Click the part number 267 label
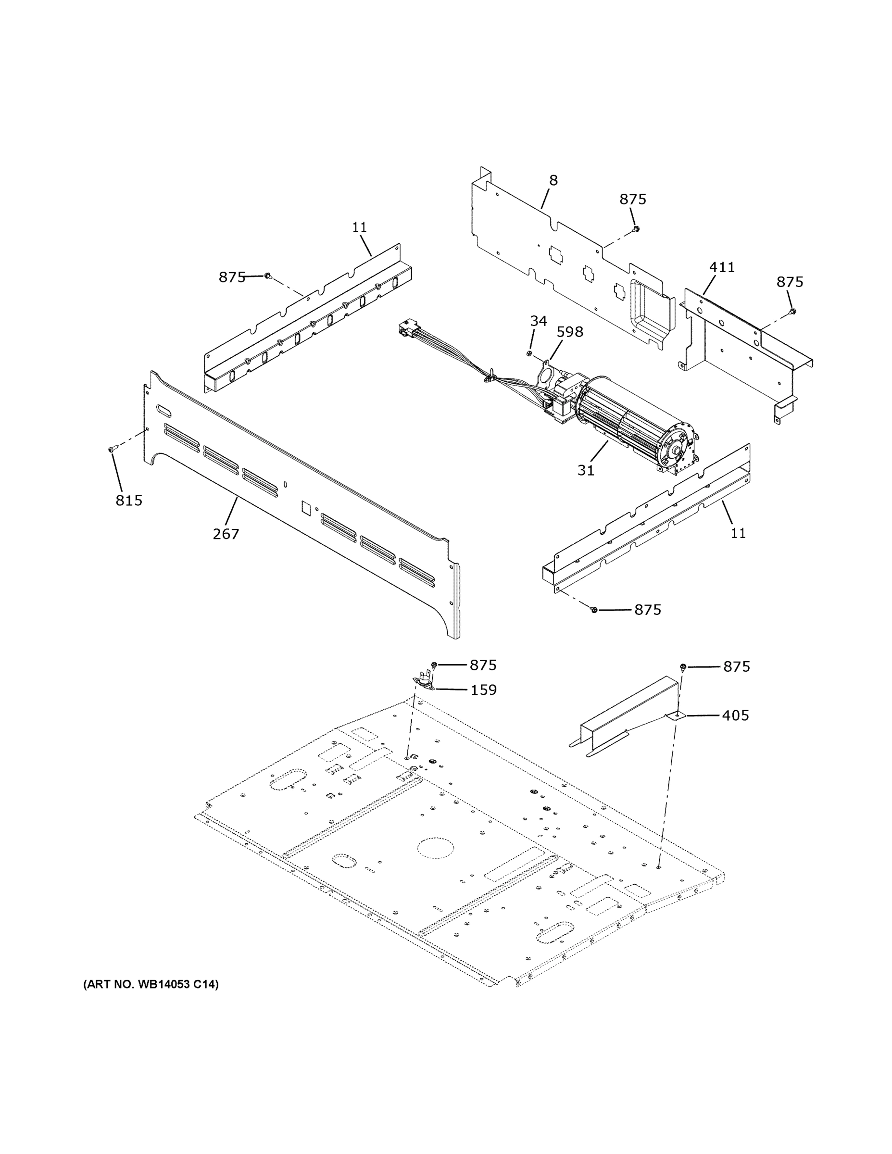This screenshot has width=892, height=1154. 226,534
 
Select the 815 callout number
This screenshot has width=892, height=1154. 129,500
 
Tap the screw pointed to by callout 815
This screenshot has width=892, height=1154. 111,449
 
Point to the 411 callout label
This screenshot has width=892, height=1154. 722,267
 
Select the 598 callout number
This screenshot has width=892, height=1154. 570,332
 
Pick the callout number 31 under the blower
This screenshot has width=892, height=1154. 586,470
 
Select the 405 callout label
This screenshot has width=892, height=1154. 736,715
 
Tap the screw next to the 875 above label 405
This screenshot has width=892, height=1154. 683,667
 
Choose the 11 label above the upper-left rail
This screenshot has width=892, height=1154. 359,228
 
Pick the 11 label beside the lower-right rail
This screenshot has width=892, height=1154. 738,533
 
